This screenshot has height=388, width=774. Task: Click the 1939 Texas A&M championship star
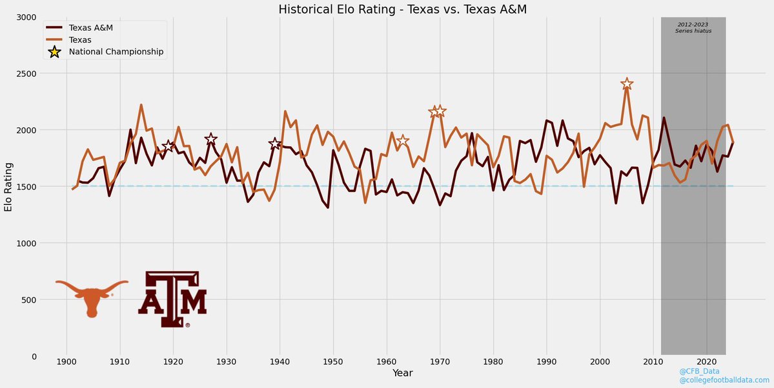(274, 144)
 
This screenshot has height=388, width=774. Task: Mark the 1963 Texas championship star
(402, 141)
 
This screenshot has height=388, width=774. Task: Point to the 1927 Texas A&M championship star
(210, 139)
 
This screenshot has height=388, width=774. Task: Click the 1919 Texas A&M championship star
(168, 146)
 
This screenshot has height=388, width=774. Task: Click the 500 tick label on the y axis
(28, 300)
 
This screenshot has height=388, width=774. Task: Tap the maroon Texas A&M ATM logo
(172, 299)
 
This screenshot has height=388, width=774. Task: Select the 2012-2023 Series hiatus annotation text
(693, 27)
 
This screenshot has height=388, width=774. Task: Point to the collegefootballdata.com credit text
(724, 381)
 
